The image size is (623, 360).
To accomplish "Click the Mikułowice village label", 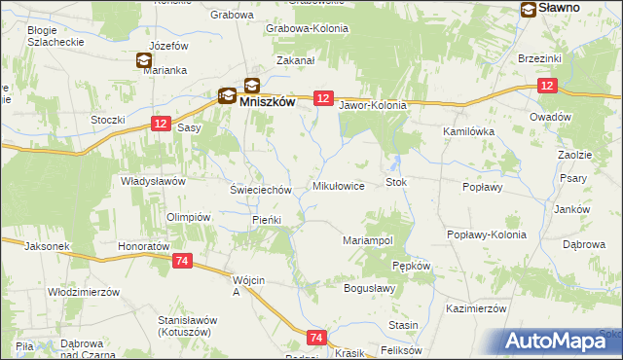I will pos(338,185).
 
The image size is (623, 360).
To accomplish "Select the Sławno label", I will pos(559,8).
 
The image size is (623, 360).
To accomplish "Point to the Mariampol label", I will pos(368,239).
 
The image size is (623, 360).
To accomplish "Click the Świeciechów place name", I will pos(261,190).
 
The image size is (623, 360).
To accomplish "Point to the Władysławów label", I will pos(153,181).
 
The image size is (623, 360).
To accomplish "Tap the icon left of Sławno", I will pos(529,10).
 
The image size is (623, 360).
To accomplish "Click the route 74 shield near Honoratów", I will pos(182,262).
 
